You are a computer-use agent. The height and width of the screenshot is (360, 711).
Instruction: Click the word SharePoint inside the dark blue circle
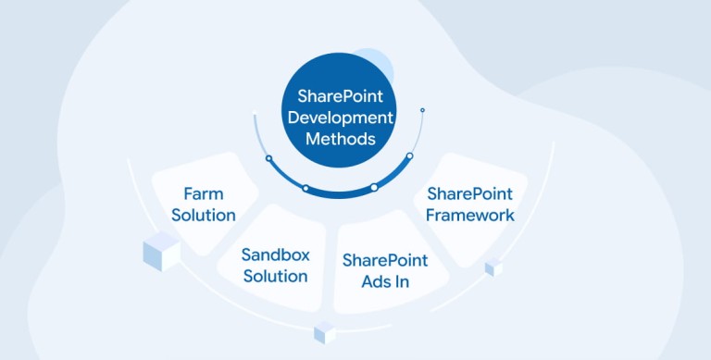340,96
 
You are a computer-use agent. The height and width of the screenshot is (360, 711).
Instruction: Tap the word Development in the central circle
340,118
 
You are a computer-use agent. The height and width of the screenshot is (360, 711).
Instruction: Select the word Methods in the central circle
341,138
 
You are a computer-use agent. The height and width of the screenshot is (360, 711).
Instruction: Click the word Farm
204,193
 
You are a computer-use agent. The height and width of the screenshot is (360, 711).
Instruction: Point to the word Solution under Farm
204,215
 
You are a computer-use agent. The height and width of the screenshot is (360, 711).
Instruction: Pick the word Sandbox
275,254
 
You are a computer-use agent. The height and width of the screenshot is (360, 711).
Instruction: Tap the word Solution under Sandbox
275,276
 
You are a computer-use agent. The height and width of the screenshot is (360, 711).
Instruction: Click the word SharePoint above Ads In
385,260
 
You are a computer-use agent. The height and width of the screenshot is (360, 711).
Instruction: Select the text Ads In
385,281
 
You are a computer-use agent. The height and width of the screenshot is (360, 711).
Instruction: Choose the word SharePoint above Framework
469,193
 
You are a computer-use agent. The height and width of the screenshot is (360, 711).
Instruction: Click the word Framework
470,215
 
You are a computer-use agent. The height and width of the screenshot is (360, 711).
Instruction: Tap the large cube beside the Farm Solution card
162,251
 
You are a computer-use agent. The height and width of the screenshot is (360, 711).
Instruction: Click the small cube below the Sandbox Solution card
325,332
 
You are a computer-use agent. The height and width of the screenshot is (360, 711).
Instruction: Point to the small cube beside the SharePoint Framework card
493,267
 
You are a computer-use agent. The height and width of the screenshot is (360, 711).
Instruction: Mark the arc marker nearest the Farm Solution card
268,158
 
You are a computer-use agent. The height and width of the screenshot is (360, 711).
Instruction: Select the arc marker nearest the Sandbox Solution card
306,188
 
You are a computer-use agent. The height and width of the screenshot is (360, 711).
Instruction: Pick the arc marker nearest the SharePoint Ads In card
374,187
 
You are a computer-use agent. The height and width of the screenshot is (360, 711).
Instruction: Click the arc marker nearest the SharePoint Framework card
409,156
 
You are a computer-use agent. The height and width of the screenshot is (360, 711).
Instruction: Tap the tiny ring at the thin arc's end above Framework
422,110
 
